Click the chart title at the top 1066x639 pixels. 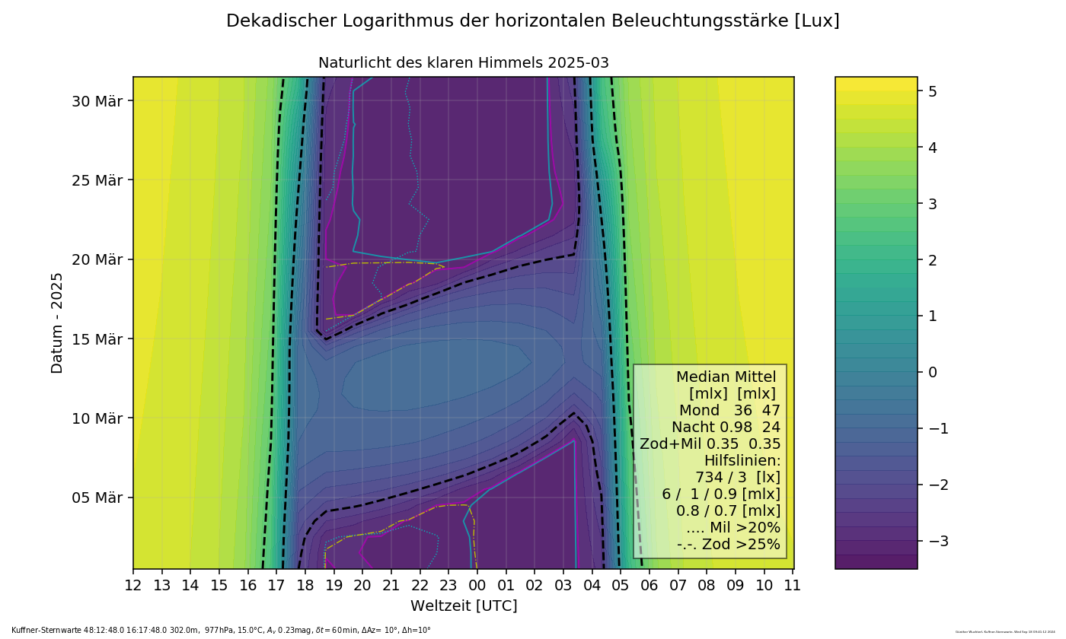point(532,21)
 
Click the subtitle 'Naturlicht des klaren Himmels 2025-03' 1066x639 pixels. point(463,63)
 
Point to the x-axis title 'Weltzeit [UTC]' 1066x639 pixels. point(464,606)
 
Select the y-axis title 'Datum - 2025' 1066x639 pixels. point(58,323)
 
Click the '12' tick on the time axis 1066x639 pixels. point(133,585)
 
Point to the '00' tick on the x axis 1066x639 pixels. point(477,585)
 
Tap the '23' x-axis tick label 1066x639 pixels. point(448,585)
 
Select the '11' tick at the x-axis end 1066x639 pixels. point(793,585)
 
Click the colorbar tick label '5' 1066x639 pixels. point(932,91)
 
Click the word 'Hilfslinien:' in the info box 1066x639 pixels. point(742,461)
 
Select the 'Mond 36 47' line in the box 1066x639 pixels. point(729,411)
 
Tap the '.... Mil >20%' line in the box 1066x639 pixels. point(732,528)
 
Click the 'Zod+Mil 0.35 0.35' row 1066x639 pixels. point(710,444)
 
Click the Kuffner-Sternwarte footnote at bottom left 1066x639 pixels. point(221,631)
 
